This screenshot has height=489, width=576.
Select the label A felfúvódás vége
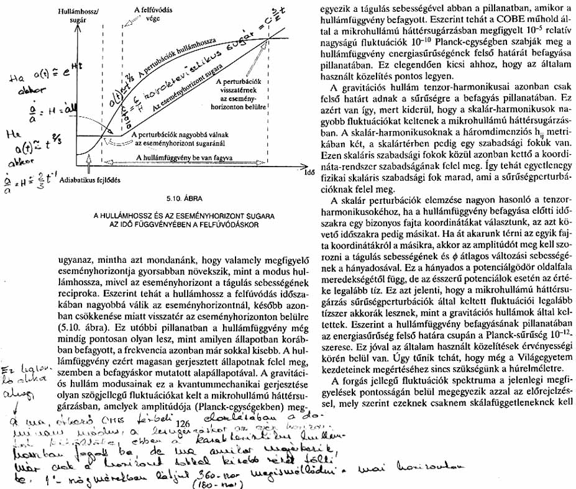pos(149,14)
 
